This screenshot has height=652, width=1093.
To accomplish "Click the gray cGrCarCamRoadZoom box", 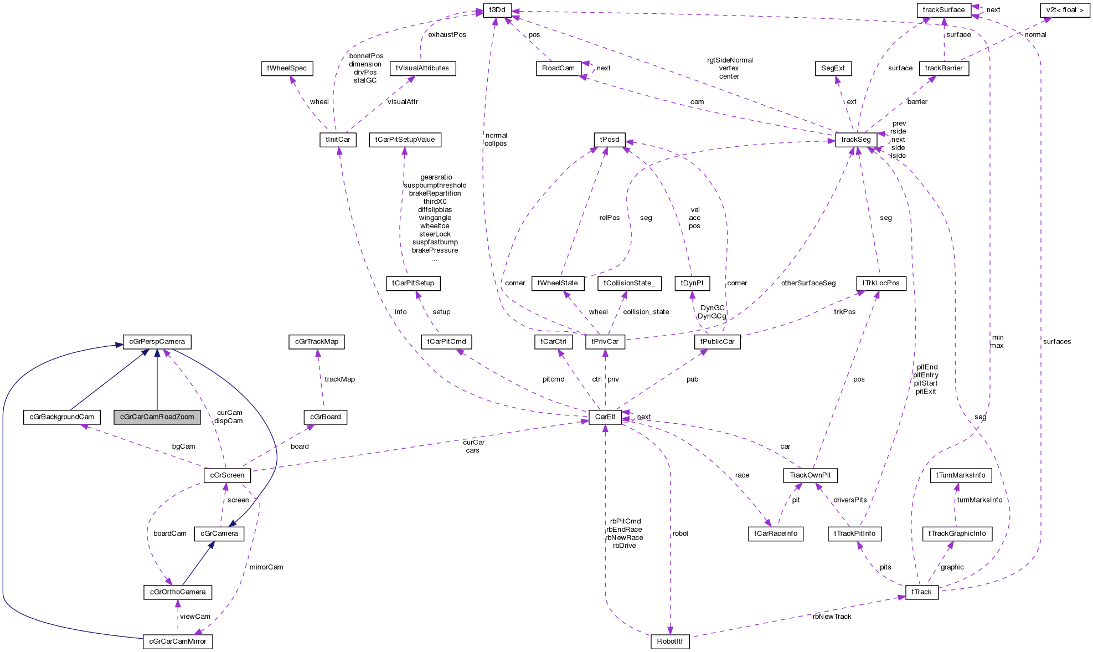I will (157, 417).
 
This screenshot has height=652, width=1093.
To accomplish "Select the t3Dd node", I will (497, 10).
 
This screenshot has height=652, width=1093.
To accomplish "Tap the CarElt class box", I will (605, 417).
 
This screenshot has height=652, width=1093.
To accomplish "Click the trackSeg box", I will (855, 140).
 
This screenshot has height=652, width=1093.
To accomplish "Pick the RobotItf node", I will (669, 641).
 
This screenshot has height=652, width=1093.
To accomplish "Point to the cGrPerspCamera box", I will (157, 342).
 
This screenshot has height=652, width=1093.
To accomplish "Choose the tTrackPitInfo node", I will (854, 533).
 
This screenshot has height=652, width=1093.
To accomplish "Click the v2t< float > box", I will (1065, 10).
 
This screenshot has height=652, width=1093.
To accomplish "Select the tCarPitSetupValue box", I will (405, 140).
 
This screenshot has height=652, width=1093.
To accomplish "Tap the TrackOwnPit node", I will (810, 475).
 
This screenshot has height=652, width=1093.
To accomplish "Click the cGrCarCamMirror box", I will (178, 641).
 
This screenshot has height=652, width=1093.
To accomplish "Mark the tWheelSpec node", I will (286, 68).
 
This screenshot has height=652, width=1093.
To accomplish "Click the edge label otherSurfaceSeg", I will (808, 283).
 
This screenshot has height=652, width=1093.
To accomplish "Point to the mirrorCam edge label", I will (266, 567).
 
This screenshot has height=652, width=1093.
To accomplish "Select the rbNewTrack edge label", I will (832, 617).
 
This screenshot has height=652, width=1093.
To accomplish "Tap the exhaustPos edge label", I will (447, 35).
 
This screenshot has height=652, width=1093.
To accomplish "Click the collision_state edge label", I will (646, 312).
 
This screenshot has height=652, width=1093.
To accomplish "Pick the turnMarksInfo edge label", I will (979, 500).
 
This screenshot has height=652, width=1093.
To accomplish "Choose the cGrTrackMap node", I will (316, 342).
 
